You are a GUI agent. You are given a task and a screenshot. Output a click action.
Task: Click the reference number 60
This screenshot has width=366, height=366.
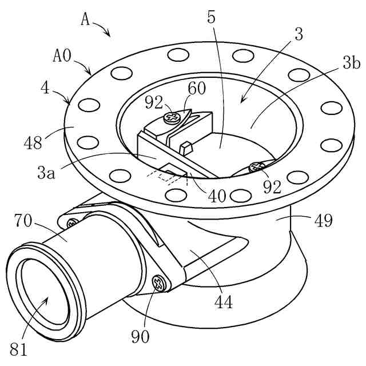[x=197, y=90]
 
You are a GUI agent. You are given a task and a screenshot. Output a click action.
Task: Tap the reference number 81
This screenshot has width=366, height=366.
[x=18, y=347]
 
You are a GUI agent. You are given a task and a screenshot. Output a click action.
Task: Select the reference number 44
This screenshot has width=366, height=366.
[x=224, y=301]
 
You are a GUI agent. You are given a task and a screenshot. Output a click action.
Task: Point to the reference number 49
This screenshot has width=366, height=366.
[x=323, y=220]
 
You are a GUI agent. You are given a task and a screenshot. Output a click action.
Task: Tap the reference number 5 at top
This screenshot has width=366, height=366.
[x=212, y=17]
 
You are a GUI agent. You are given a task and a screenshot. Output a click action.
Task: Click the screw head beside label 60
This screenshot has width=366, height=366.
[x=170, y=118]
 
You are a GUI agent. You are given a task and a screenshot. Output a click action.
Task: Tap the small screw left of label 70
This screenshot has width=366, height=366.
[x=73, y=224]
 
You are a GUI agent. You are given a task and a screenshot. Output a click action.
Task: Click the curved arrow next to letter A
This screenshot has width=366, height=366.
[x=103, y=28]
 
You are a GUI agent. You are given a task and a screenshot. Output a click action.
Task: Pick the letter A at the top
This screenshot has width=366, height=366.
[x=85, y=20]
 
